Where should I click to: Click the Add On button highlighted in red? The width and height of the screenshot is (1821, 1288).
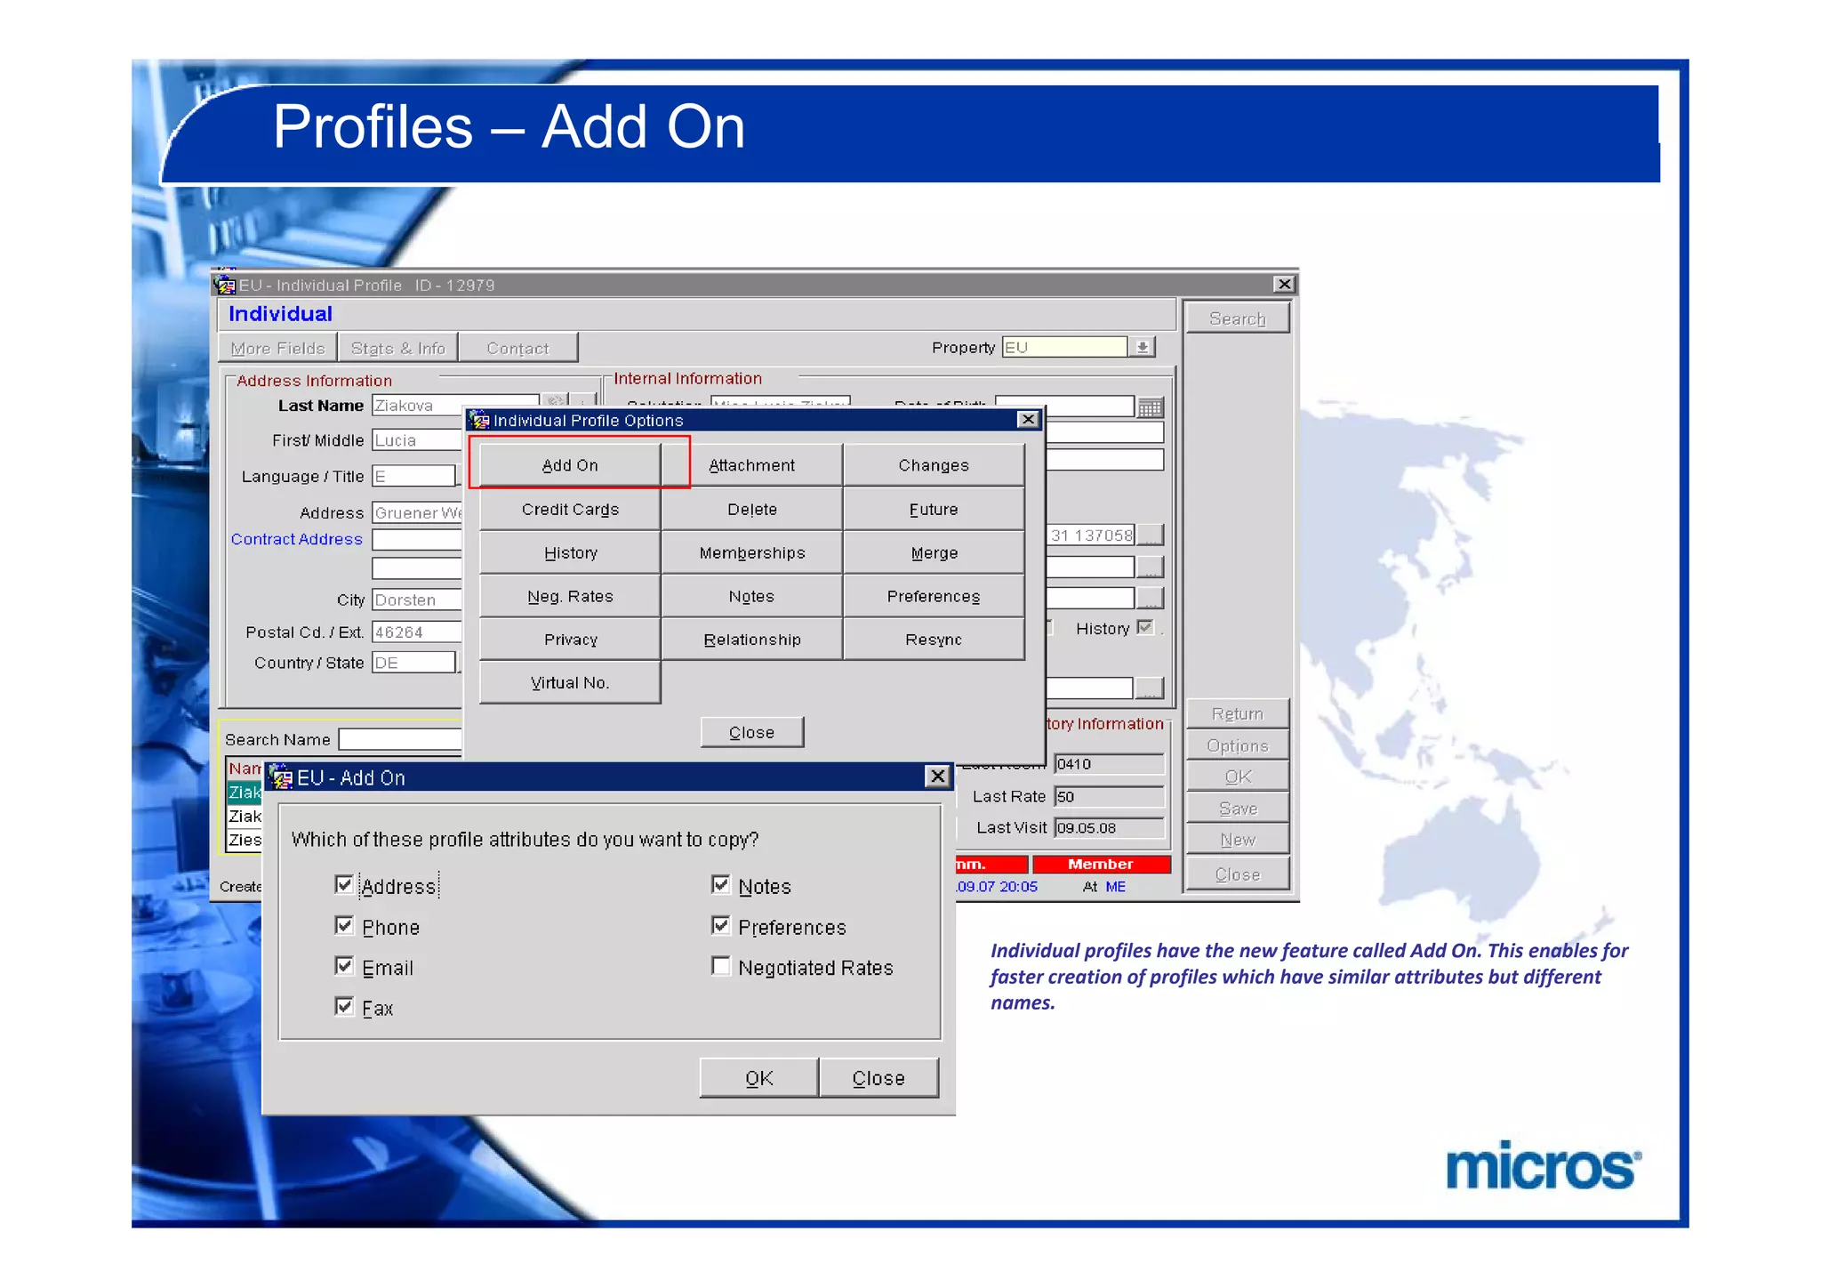tap(570, 465)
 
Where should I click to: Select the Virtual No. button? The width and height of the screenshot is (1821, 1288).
tap(570, 683)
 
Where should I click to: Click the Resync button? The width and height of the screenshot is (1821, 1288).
tap(933, 640)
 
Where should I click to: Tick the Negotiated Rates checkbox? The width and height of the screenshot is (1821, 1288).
tap(721, 966)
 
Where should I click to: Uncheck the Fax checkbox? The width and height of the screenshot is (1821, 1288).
tap(345, 1006)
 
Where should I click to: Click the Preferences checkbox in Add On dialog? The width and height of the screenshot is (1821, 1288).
tap(721, 926)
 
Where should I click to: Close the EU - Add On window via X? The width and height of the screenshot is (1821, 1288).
tap(937, 777)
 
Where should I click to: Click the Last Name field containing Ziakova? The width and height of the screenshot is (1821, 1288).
tap(453, 406)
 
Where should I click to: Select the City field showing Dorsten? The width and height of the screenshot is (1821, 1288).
tap(416, 600)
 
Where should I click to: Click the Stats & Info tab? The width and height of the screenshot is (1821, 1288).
tap(397, 348)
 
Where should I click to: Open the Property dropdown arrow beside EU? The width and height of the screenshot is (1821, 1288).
tap(1143, 347)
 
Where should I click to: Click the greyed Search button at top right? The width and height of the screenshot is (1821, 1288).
tap(1237, 318)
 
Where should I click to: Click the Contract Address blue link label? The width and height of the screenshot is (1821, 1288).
tap(297, 539)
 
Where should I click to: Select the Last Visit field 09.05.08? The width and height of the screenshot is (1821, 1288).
tap(1108, 827)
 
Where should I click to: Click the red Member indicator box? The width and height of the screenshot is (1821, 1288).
tap(1100, 864)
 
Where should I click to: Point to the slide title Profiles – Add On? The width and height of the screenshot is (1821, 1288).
tap(509, 127)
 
